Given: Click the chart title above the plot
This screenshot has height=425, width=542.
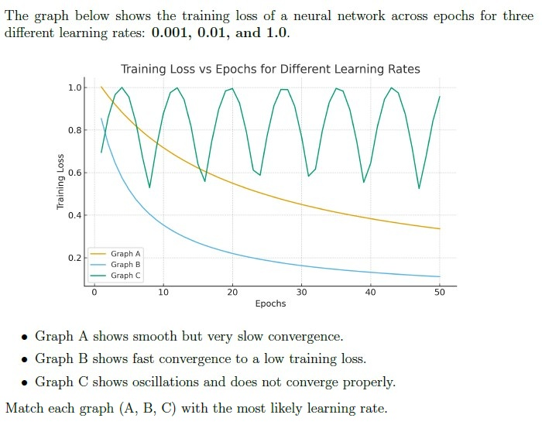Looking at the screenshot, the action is pyautogui.click(x=270, y=69).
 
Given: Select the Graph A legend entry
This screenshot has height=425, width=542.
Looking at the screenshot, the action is pyautogui.click(x=115, y=254).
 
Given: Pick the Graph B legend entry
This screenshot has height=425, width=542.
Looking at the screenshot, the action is pyautogui.click(x=115, y=265).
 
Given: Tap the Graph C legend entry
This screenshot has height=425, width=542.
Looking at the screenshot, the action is pyautogui.click(x=115, y=276).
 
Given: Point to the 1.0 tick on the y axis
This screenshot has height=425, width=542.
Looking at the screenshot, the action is pyautogui.click(x=75, y=87).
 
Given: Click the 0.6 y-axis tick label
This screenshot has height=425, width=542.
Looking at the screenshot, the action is pyautogui.click(x=75, y=173).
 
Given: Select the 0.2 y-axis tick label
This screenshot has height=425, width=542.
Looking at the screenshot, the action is pyautogui.click(x=75, y=258).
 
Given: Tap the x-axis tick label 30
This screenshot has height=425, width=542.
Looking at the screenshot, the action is pyautogui.click(x=301, y=293).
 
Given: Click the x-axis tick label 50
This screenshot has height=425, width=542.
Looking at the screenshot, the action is pyautogui.click(x=440, y=293).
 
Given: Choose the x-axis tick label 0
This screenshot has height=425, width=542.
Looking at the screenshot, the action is pyautogui.click(x=94, y=293).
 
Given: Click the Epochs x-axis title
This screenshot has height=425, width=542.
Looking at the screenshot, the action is pyautogui.click(x=271, y=303).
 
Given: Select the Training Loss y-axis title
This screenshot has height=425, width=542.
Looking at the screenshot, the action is pyautogui.click(x=60, y=181).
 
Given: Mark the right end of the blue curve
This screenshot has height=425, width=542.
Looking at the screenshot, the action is pyautogui.click(x=440, y=276).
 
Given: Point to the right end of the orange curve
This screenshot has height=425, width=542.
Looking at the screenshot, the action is pyautogui.click(x=440, y=228).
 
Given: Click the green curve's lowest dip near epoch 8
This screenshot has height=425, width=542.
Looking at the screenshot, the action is pyautogui.click(x=149, y=187).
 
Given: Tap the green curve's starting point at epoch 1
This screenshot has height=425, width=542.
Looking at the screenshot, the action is pyautogui.click(x=101, y=153).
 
